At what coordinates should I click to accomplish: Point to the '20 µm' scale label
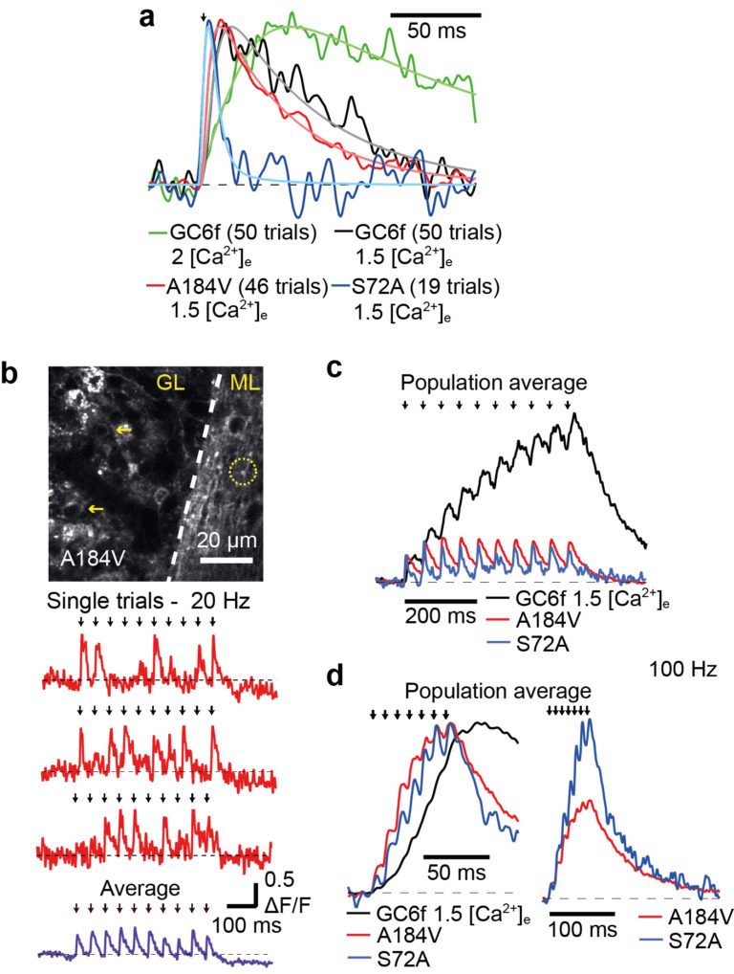click(x=227, y=541)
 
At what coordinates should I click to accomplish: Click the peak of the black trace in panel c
click(x=574, y=413)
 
